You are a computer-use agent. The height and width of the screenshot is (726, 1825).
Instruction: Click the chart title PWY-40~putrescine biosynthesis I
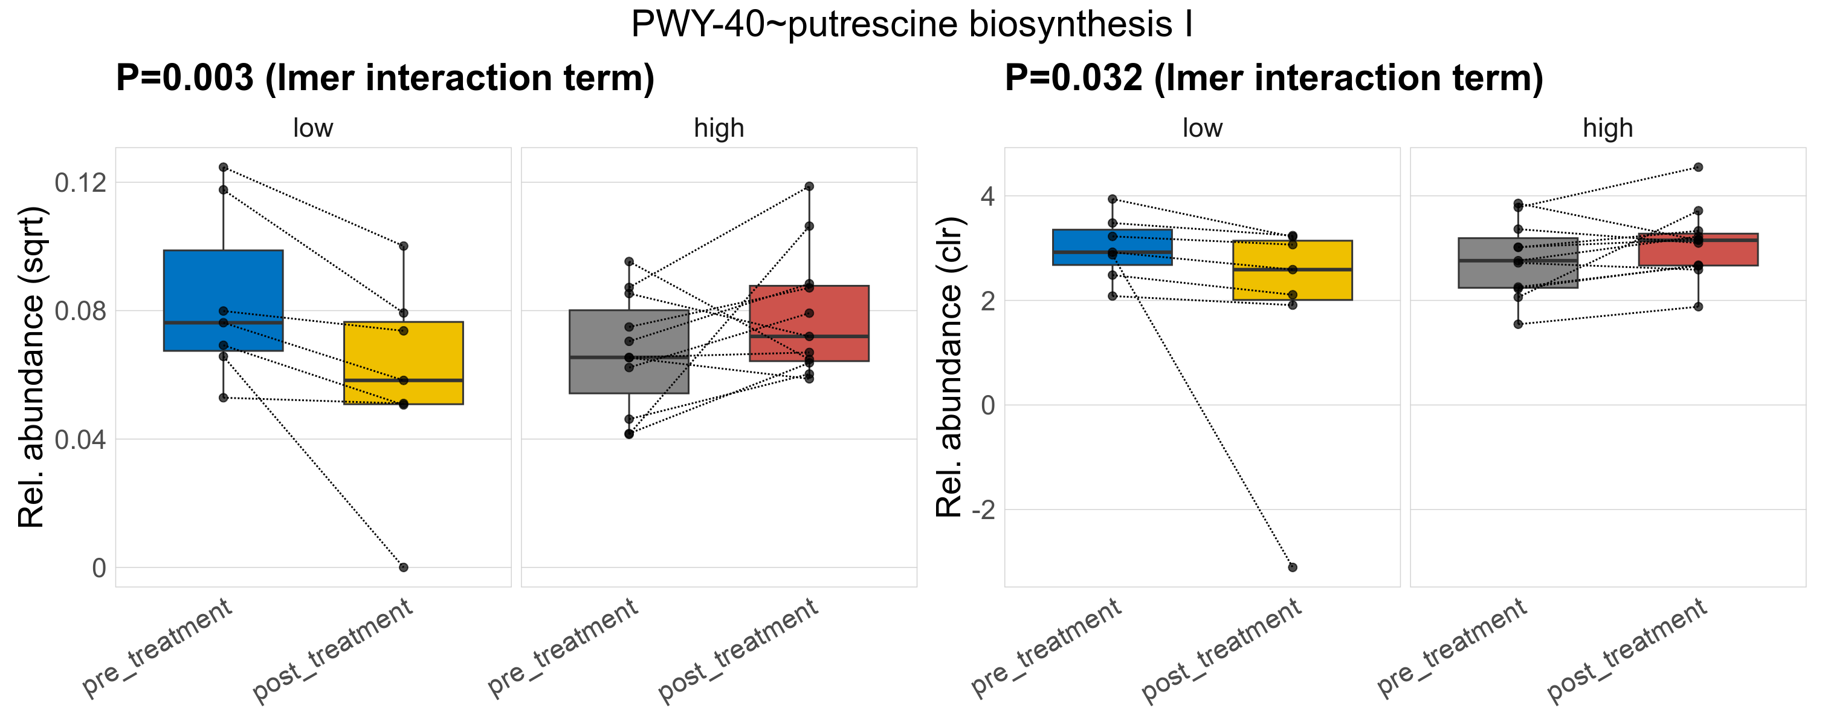912,25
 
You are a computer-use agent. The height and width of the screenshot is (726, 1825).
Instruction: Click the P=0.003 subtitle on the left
385,78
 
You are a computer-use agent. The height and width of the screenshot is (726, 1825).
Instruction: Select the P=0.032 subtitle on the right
1273,78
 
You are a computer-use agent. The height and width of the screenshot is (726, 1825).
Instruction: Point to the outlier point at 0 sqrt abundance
403,567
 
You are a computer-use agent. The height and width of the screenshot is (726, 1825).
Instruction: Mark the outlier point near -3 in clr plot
1292,567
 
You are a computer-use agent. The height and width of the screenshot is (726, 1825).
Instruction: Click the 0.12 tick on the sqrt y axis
80,183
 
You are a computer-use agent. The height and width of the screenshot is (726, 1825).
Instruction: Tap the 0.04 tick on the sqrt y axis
80,440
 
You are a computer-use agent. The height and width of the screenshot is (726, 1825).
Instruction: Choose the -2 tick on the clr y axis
983,510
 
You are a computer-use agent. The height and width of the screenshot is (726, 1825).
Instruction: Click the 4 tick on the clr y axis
987,197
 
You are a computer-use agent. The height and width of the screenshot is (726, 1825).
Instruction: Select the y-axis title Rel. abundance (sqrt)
31,367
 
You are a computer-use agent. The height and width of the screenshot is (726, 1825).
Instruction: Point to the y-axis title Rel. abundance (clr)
949,367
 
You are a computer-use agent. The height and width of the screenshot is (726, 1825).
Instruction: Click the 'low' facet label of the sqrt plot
312,128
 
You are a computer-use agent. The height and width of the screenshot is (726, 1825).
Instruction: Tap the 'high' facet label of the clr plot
1607,128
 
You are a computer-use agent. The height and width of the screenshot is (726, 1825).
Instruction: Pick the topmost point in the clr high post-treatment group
1698,168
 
